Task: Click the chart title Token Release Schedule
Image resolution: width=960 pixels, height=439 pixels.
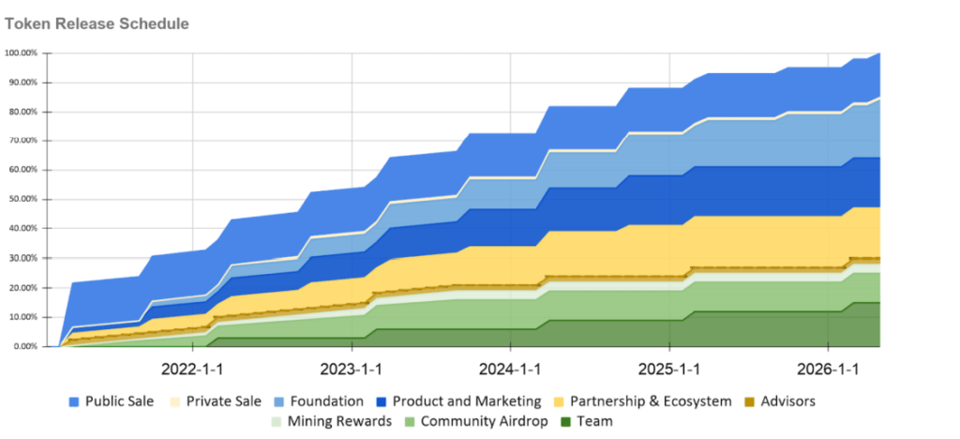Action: (x=97, y=23)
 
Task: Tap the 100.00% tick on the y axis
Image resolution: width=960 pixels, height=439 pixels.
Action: (x=21, y=53)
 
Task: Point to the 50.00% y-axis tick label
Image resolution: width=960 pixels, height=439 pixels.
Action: (x=22, y=200)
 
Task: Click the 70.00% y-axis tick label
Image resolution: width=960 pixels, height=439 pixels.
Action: (x=22, y=141)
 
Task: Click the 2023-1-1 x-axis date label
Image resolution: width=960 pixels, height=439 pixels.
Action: (x=352, y=367)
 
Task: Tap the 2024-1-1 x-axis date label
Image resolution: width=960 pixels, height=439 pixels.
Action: (x=511, y=367)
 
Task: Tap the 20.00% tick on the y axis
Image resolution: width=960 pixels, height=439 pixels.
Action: (x=22, y=288)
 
